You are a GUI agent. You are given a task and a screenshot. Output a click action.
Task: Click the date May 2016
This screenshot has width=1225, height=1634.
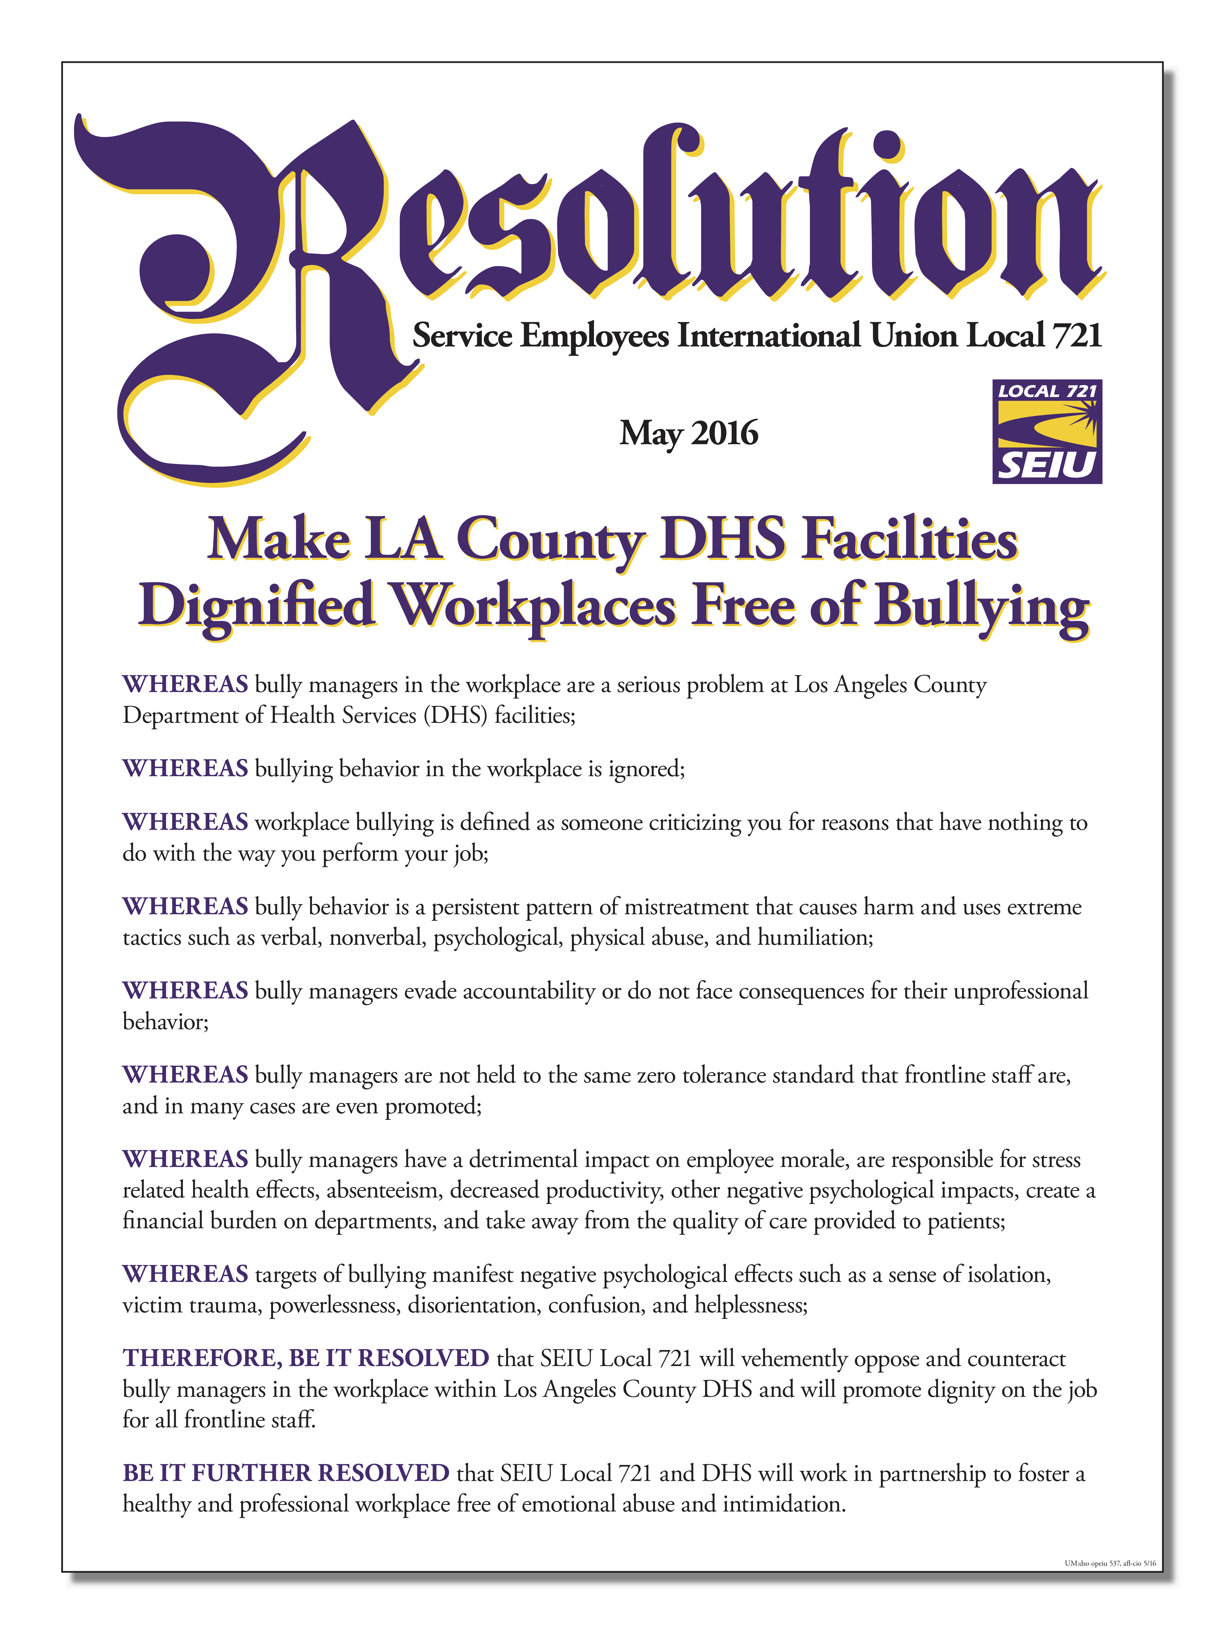pyautogui.click(x=688, y=434)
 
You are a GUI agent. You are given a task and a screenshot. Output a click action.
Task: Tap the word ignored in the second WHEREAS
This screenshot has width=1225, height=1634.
pyautogui.click(x=645, y=769)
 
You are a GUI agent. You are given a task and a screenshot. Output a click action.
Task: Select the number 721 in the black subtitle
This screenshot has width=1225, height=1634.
pyautogui.click(x=1077, y=335)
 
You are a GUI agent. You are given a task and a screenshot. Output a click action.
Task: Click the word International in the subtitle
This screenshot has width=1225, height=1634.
pyautogui.click(x=768, y=335)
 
